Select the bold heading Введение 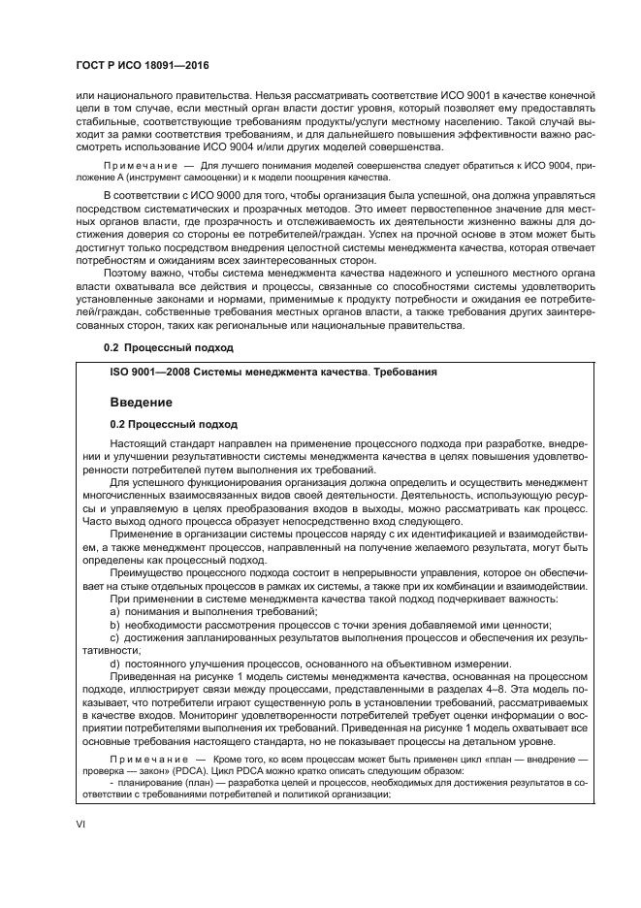tap(143, 401)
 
